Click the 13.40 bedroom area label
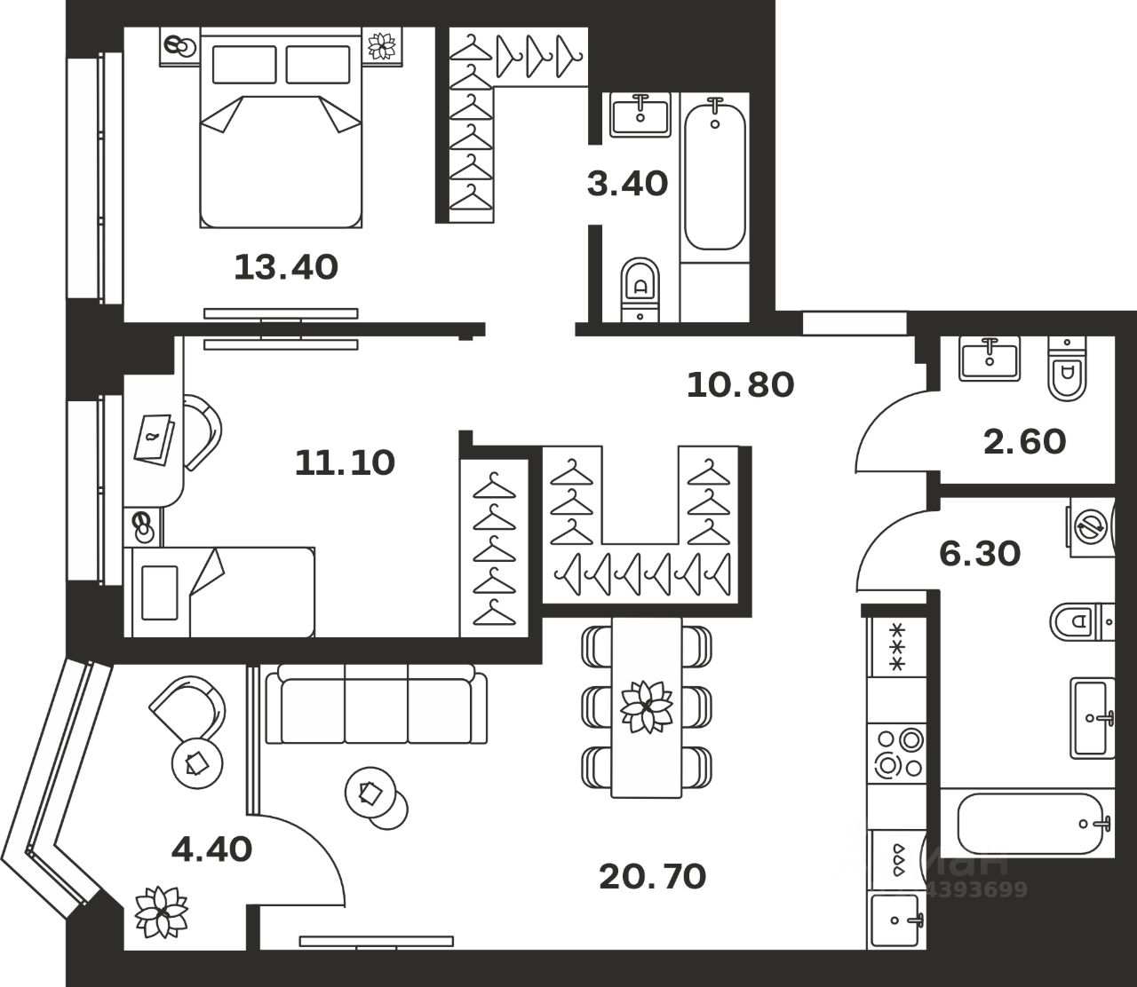(286, 266)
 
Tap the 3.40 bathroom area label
(627, 184)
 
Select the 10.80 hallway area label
(741, 384)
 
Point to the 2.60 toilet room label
(1024, 440)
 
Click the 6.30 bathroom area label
(980, 554)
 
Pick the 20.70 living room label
(652, 877)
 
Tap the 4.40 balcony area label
(211, 849)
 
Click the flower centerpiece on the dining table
(646, 706)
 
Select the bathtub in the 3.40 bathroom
(715, 176)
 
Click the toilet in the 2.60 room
(1065, 369)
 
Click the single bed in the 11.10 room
(222, 592)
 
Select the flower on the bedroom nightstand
(384, 45)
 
